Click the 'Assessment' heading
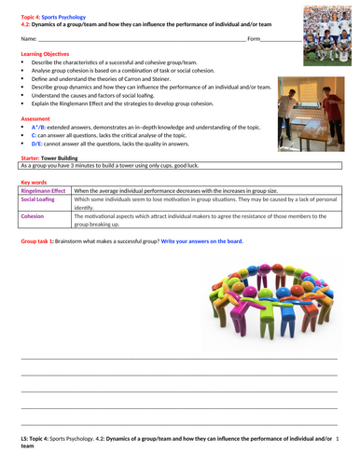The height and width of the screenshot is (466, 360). point(35,119)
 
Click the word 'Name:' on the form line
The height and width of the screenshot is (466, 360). point(29,39)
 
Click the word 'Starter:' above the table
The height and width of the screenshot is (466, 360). point(31,158)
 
